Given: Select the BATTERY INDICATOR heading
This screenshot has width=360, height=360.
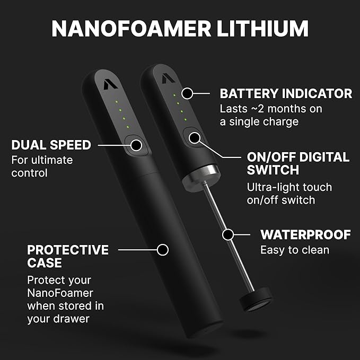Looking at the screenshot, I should pos(286,94).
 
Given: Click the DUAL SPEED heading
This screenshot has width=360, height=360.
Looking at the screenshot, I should pos(51,145).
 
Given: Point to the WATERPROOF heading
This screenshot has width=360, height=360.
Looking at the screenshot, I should pos(305,234).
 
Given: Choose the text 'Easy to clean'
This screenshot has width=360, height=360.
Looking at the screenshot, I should pos(295,250).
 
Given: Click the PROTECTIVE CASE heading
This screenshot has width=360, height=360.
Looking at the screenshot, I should pos(67,256).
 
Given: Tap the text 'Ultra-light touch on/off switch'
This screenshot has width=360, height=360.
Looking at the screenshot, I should pos(289,194).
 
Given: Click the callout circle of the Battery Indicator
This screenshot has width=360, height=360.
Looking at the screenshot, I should pos(187,93).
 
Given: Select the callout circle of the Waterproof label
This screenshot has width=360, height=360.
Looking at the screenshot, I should pos(228,234).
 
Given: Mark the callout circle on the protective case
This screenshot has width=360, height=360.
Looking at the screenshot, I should pos(163,248).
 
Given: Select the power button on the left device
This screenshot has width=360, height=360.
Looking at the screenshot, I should pos(137,144).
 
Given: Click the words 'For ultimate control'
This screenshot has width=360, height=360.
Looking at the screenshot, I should pos(42,166).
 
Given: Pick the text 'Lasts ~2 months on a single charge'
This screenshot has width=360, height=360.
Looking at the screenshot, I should pos(271,115).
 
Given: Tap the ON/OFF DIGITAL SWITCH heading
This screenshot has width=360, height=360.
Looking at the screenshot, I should pos(298,163).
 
